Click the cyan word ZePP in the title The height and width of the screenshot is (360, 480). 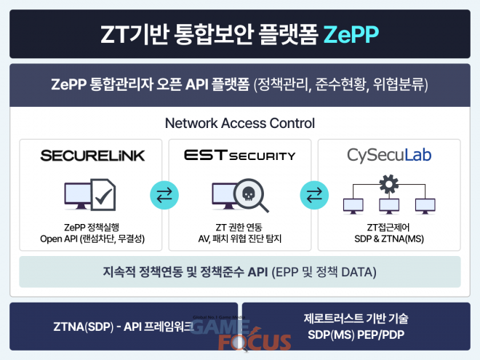click(x=351, y=34)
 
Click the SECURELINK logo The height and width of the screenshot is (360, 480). click(x=92, y=156)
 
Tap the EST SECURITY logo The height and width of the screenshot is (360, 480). click(x=240, y=155)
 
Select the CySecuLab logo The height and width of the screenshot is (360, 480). click(x=389, y=155)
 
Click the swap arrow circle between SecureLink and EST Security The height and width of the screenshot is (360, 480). click(x=164, y=195)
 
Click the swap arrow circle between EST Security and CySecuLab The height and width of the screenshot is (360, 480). click(x=314, y=195)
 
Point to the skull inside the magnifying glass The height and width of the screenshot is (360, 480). click(x=249, y=193)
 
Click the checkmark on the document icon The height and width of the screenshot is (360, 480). click(x=103, y=196)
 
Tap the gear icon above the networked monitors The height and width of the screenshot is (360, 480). click(x=389, y=184)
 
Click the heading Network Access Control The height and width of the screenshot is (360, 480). click(x=240, y=124)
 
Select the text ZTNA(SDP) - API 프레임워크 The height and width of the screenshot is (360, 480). click(x=124, y=327)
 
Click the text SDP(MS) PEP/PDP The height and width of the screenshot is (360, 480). click(x=356, y=335)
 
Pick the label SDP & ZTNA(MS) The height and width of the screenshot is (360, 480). click(x=389, y=239)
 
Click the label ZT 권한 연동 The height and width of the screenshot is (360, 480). click(x=239, y=228)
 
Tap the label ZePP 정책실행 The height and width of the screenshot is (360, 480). click(x=92, y=228)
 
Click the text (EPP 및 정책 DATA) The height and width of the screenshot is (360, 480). click(x=324, y=272)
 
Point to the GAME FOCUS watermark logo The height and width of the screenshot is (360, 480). click(x=241, y=333)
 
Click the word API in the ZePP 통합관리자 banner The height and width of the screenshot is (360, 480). click(x=197, y=84)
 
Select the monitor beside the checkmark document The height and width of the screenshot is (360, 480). click(x=77, y=196)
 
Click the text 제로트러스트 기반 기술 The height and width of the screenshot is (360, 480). click(x=356, y=319)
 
